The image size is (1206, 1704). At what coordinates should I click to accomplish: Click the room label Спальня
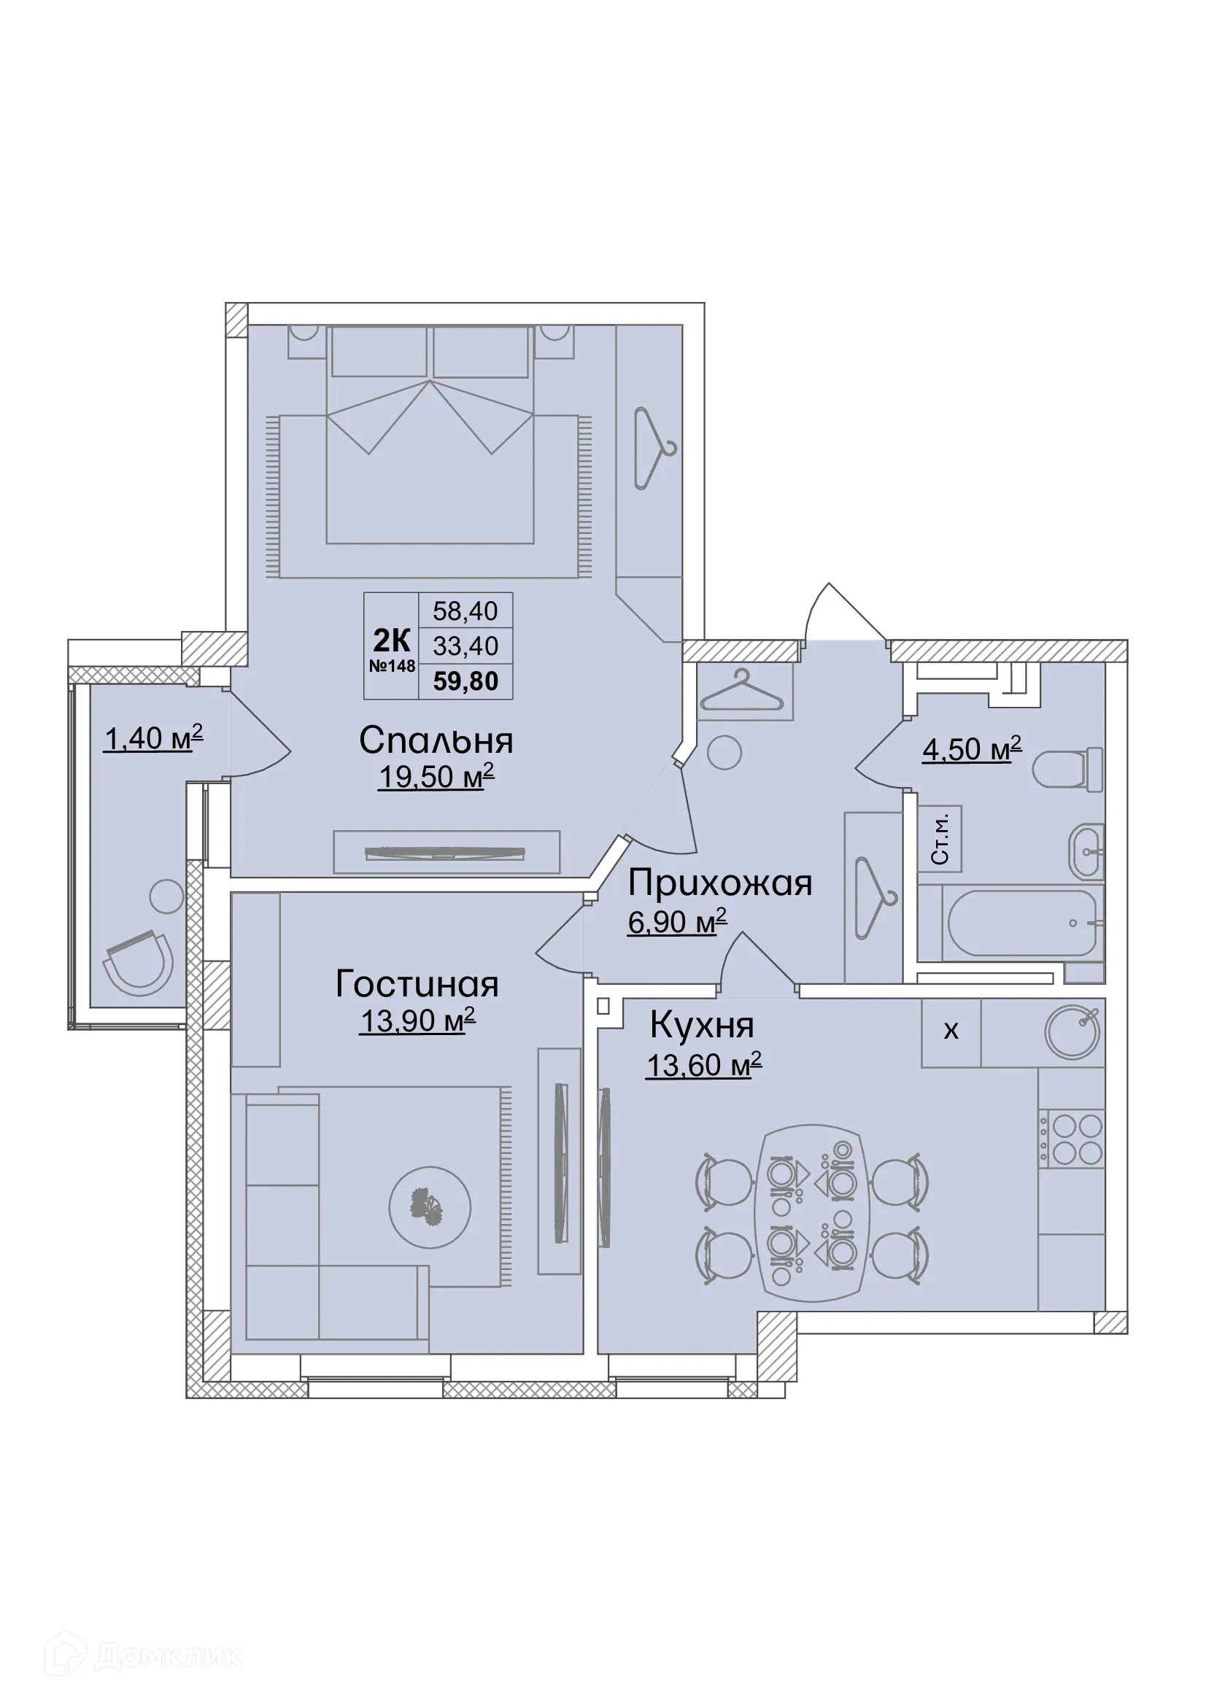(436, 741)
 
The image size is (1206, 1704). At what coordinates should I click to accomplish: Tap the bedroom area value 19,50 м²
(436, 777)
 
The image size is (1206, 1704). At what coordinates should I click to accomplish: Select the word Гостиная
(417, 985)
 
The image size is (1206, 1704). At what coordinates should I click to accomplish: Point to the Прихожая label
(719, 883)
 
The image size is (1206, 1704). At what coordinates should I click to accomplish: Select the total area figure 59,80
(465, 681)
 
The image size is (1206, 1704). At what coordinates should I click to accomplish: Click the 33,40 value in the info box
(465, 646)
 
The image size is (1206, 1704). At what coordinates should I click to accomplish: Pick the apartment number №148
(392, 666)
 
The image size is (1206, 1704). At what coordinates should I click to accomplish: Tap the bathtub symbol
(1021, 923)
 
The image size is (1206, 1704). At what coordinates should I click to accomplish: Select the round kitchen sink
(1072, 1032)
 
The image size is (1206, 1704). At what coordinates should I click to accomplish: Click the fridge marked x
(951, 1031)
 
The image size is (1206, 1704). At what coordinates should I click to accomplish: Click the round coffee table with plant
(430, 1207)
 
